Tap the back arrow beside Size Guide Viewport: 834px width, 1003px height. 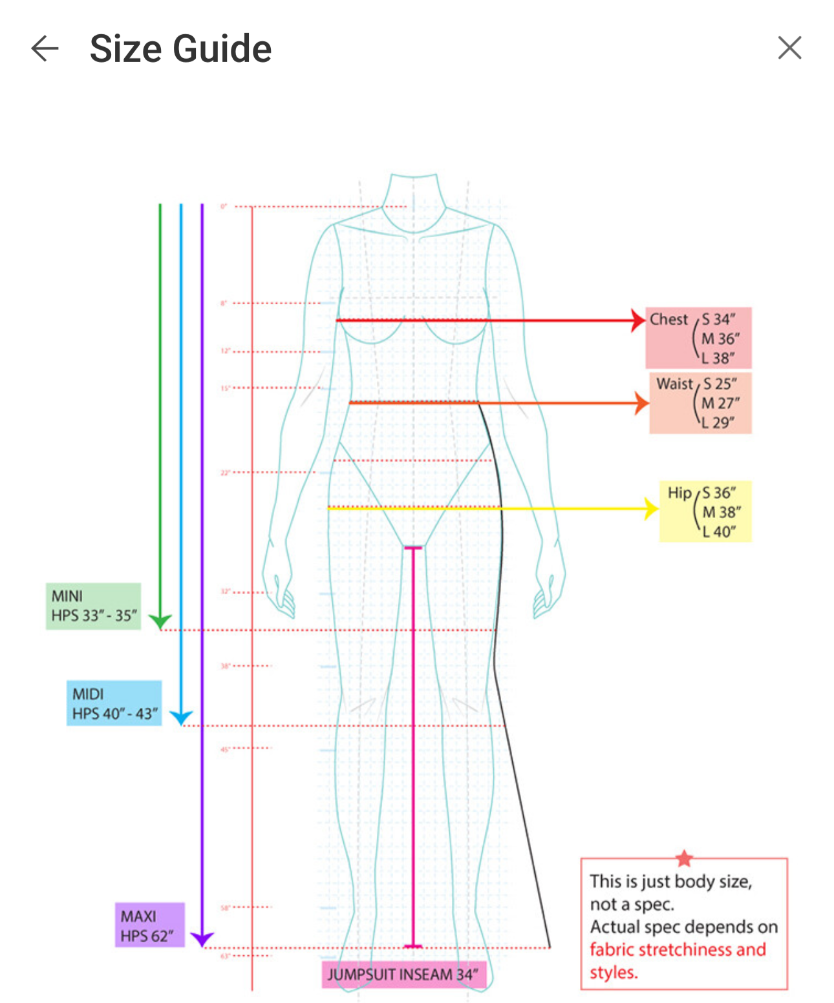point(45,48)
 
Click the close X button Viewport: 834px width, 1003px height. point(789,48)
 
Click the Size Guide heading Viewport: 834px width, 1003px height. point(180,49)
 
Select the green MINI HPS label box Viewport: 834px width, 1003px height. point(93,606)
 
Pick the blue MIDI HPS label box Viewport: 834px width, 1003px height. point(114,703)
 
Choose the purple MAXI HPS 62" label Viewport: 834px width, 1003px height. point(149,925)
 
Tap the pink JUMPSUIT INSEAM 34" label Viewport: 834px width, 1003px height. point(403,974)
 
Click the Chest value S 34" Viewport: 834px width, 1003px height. point(719,319)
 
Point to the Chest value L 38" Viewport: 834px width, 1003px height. point(718,358)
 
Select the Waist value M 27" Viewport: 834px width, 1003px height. point(720,403)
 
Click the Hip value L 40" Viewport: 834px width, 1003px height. point(720,532)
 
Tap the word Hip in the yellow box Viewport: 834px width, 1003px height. point(679,493)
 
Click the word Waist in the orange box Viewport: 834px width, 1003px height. point(674,384)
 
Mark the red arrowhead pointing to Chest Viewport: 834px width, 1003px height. point(638,320)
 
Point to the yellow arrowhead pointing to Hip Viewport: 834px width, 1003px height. point(651,508)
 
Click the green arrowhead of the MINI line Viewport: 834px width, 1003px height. point(160,621)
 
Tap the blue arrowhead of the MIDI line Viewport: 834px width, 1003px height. point(181,717)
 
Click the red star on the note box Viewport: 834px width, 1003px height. point(684,858)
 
